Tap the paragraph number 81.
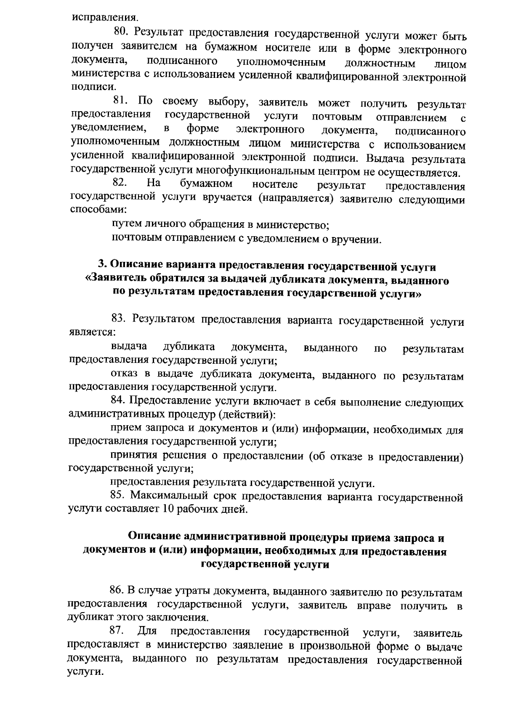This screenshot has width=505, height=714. (x=120, y=101)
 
